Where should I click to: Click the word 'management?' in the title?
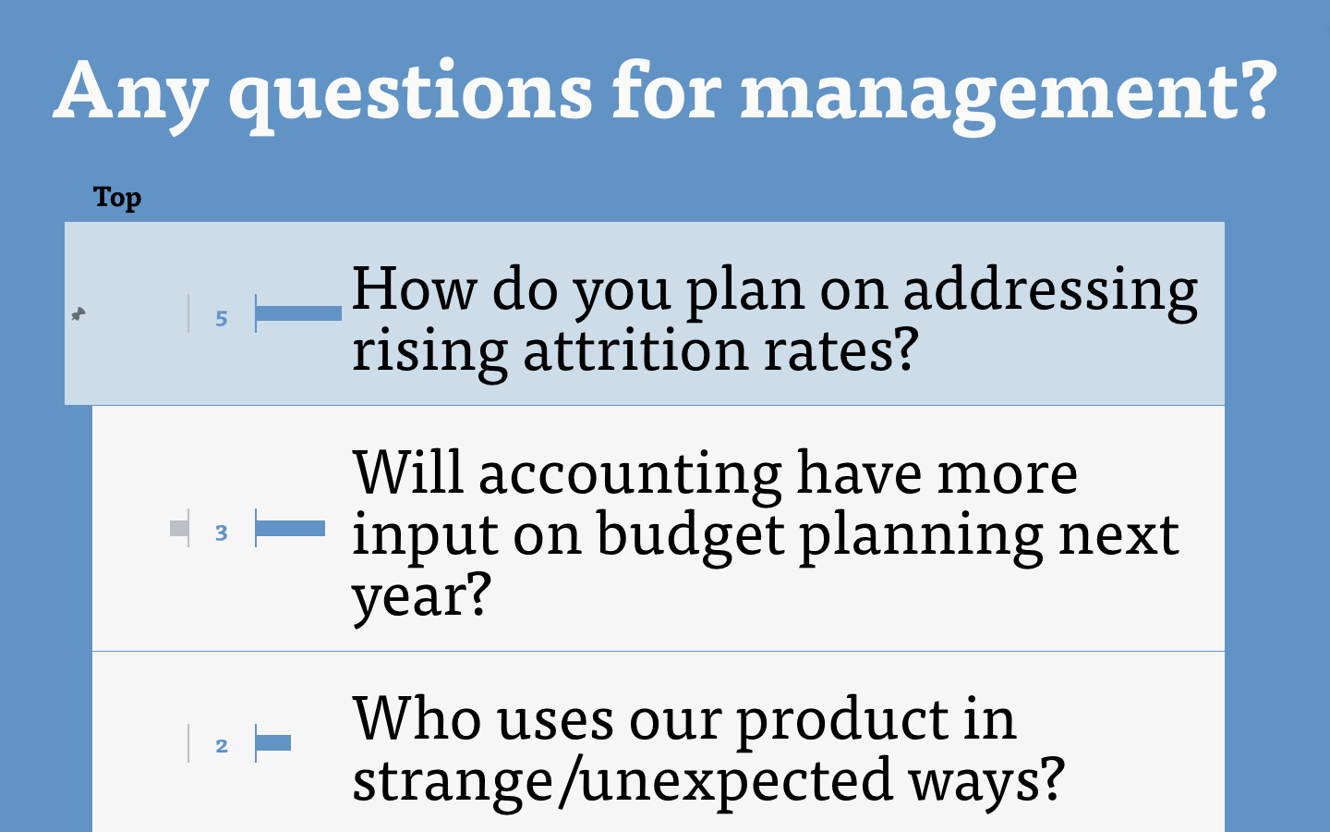[x=1009, y=95]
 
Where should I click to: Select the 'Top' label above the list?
[x=117, y=197]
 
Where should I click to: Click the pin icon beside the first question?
[x=79, y=313]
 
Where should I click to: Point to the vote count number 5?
[x=222, y=319]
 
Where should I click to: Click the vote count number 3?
[x=222, y=532]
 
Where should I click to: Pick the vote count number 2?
[x=222, y=746]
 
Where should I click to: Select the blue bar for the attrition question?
[x=298, y=313]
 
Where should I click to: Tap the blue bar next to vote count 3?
[x=290, y=528]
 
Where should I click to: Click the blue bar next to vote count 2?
[x=273, y=743]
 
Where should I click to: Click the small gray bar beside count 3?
[x=179, y=528]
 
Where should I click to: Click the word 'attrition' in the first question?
[x=635, y=350]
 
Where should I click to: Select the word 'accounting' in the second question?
[x=630, y=475]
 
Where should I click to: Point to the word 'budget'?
[x=691, y=536]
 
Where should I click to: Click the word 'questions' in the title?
[x=411, y=96]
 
